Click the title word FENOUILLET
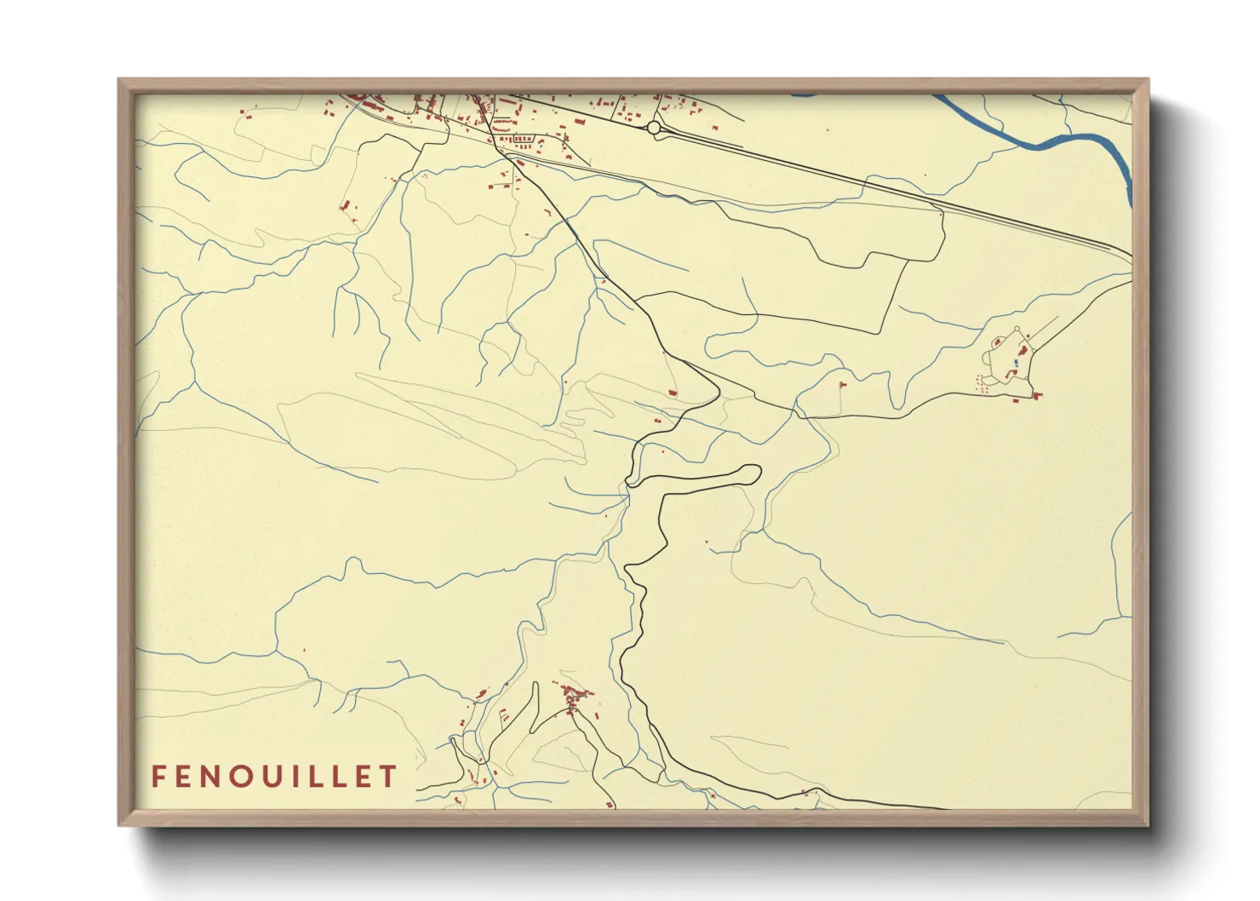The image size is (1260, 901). click(274, 777)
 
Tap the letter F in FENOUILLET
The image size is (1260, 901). click(158, 777)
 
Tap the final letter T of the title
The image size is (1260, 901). click(389, 777)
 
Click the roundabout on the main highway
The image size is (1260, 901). click(654, 128)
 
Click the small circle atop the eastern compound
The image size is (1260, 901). click(1016, 329)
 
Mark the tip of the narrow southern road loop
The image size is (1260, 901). click(535, 684)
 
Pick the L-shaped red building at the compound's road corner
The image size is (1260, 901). click(1037, 394)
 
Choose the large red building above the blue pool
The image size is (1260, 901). click(1022, 350)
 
